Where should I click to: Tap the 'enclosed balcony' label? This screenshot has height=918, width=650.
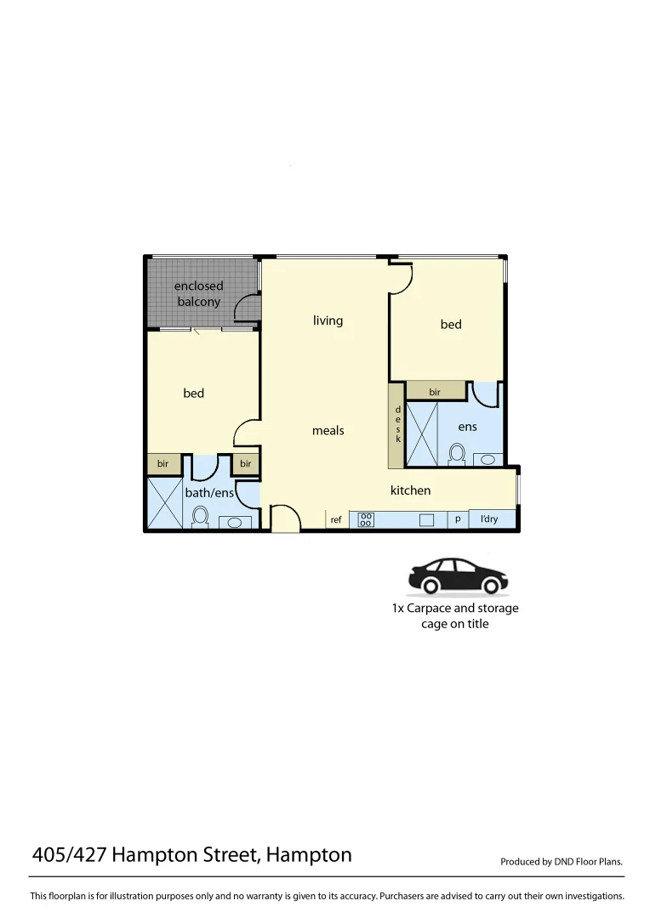click(198, 293)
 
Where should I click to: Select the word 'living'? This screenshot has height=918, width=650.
click(328, 320)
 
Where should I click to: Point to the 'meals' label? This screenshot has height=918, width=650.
click(328, 431)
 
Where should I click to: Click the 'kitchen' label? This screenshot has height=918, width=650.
click(410, 490)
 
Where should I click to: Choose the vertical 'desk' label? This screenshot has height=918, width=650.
click(397, 424)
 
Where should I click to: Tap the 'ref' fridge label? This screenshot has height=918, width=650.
click(336, 519)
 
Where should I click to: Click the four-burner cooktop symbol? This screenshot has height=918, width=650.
click(366, 519)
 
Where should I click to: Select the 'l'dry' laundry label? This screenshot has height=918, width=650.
click(489, 519)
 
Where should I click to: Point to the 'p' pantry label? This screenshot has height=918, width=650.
click(458, 518)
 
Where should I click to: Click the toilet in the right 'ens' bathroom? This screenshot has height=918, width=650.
click(457, 453)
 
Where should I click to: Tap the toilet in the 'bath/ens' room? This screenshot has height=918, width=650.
click(201, 516)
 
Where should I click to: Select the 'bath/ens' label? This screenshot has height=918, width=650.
click(209, 493)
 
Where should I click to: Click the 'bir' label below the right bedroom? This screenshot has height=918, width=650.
click(435, 392)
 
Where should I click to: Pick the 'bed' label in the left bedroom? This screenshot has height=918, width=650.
click(194, 394)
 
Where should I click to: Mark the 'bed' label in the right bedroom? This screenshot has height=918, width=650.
click(451, 325)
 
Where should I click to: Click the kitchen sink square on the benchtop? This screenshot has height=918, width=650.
click(427, 519)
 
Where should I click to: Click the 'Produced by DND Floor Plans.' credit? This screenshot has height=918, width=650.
click(562, 862)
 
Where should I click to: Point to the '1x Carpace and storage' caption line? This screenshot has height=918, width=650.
click(455, 609)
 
